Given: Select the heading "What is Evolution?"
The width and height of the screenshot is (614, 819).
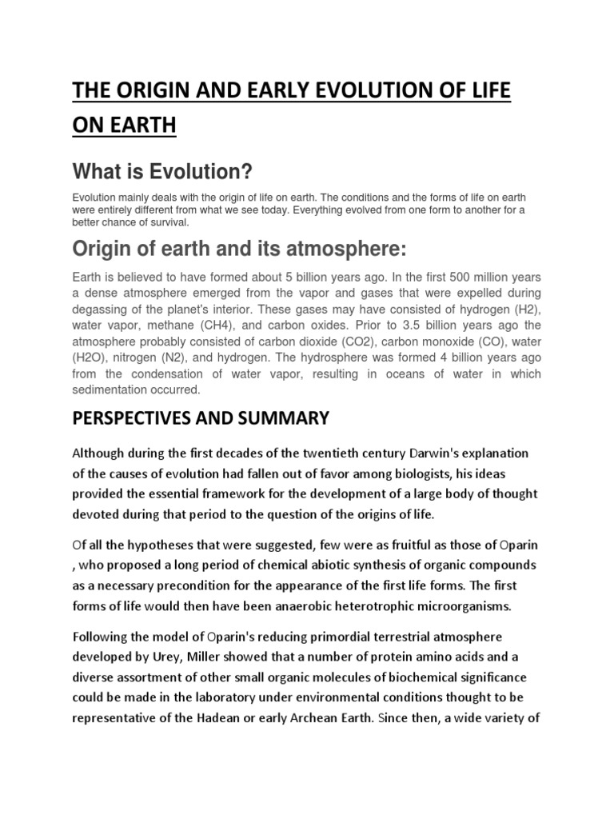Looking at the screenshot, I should point(162,170).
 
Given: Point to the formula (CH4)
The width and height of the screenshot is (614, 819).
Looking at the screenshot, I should point(210,326).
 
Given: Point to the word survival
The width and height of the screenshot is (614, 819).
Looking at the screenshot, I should point(165,223).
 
